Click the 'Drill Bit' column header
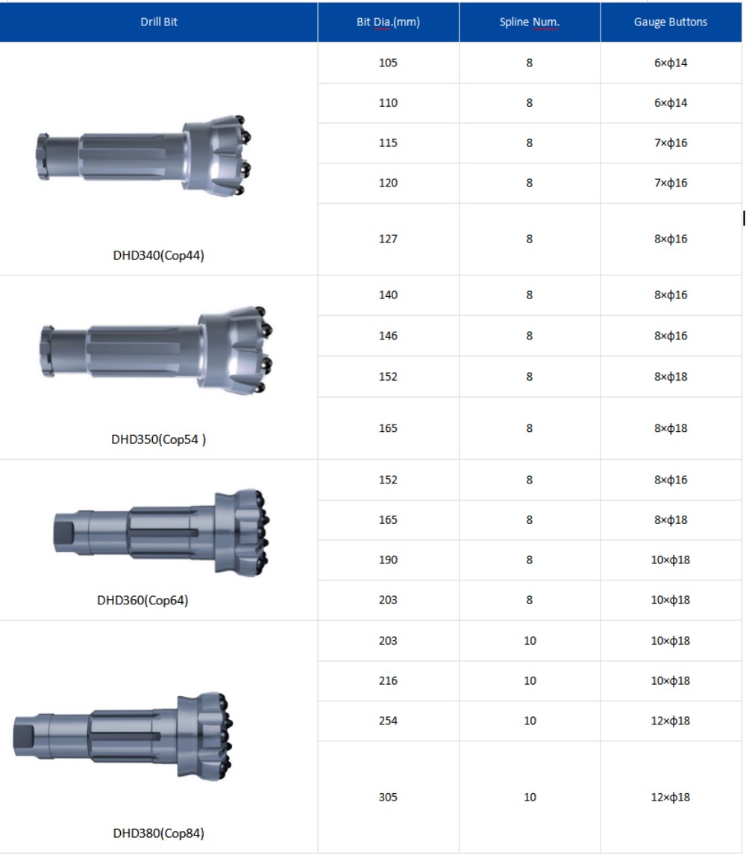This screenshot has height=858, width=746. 159,22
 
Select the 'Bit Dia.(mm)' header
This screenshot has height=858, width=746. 388,22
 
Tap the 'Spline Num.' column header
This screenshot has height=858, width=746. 529,22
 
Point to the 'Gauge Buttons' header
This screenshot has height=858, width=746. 671,22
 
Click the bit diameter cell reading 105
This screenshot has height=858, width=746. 388,63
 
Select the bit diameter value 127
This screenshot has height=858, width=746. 388,239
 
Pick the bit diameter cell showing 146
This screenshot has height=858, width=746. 388,336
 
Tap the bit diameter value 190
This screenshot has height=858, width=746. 388,560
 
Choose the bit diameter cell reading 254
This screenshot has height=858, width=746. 388,721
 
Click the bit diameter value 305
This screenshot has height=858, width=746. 388,798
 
